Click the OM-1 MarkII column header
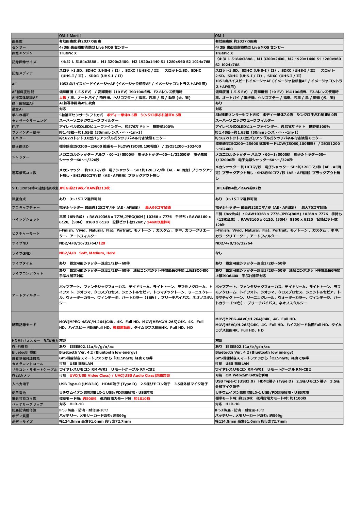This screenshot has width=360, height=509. click(70, 36)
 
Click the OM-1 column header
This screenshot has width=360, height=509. click(220, 36)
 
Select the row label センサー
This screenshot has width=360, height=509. click(19, 47)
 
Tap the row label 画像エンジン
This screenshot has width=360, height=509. click(22, 53)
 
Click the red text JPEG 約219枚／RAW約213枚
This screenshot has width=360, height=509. click(84, 188)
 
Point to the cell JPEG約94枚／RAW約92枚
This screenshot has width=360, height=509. click(239, 188)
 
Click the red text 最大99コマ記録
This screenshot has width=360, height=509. click(158, 207)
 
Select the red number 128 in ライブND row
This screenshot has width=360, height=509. click(102, 243)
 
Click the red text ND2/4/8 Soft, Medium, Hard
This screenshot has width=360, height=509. click(87, 253)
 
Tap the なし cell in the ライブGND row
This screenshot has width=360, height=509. click(218, 253)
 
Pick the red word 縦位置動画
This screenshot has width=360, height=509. click(121, 327)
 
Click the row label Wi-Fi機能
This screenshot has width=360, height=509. click(20, 347)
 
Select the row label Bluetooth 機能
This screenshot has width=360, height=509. click(24, 353)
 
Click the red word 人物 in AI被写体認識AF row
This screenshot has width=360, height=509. click(63, 98)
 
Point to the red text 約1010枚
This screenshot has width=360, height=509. click(142, 398)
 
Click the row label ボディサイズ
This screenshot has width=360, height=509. click(22, 422)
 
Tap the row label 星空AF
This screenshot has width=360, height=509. click(18, 109)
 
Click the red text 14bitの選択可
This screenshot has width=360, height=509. click(159, 222)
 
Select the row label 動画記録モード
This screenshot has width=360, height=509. click(24, 325)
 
